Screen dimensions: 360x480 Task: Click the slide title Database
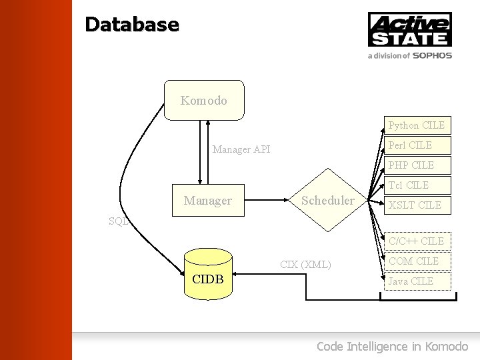tap(132, 25)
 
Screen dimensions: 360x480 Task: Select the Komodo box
tap(204, 101)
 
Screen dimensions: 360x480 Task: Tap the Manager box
tap(208, 200)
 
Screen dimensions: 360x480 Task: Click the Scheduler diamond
tap(328, 200)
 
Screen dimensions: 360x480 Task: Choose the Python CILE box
tap(417, 125)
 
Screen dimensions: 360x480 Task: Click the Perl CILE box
tap(417, 145)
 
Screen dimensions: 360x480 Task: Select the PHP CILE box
tap(417, 165)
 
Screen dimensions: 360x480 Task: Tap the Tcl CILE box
tap(417, 185)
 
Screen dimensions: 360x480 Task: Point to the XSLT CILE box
tap(417, 205)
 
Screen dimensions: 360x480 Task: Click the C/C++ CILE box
tap(417, 241)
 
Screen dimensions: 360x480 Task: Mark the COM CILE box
tap(417, 261)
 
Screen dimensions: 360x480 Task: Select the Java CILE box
tap(417, 281)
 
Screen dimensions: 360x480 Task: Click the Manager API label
tap(241, 150)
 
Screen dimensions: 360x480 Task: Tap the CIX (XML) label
tap(305, 265)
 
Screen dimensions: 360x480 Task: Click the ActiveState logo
tap(410, 29)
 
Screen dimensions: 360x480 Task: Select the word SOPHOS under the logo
tap(432, 56)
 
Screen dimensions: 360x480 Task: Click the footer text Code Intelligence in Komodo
tap(392, 346)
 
